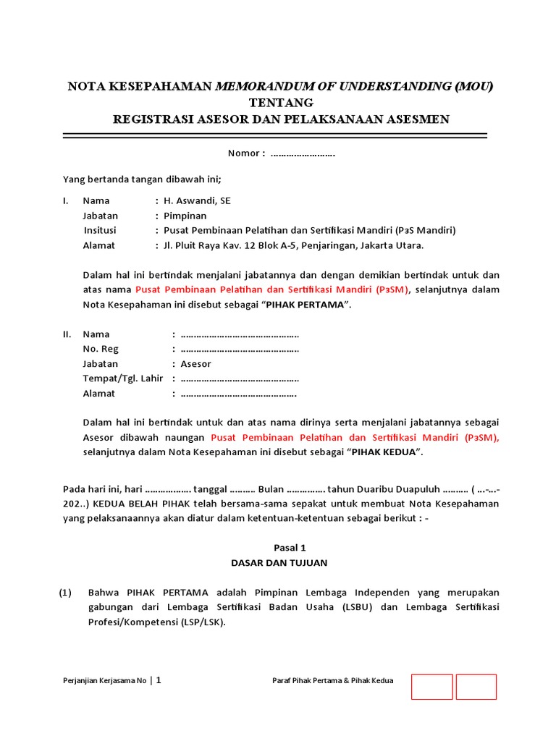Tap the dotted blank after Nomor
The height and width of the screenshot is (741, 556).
(x=303, y=153)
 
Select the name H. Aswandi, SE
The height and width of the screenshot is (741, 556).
(x=197, y=200)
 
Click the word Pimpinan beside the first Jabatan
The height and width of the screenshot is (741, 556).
(x=185, y=216)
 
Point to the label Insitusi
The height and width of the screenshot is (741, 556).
(x=100, y=230)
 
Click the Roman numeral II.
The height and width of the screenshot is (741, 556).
(x=67, y=334)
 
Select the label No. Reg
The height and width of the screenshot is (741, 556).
(x=100, y=349)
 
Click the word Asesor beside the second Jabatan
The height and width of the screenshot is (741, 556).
(x=195, y=364)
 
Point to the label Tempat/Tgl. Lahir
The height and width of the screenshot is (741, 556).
(x=123, y=378)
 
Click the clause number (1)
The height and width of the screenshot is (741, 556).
(x=66, y=592)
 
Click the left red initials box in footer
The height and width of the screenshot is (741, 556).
(x=432, y=687)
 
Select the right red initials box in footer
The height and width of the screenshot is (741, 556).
(x=476, y=687)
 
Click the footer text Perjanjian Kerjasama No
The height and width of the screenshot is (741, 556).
(x=105, y=680)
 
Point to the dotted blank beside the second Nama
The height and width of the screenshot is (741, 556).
(x=240, y=334)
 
